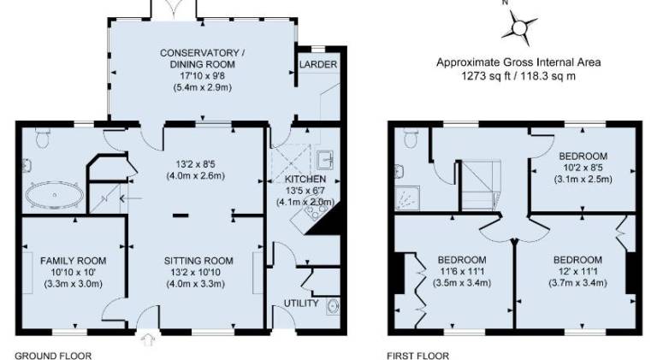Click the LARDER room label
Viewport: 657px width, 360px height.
click(318, 64)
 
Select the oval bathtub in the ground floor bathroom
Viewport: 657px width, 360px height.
click(54, 195)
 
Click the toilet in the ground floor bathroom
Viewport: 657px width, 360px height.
click(42, 138)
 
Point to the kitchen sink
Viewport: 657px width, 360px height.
click(326, 160)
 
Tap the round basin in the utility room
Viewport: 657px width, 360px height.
click(334, 306)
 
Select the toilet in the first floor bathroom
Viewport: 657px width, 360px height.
click(410, 138)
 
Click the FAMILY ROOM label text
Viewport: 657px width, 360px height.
click(74, 261)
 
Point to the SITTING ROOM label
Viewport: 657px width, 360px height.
click(198, 261)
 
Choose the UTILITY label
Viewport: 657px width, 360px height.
click(301, 303)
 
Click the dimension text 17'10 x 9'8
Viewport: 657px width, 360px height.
click(203, 76)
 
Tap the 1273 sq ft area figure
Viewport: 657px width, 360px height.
click(485, 76)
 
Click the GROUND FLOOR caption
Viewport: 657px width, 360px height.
click(53, 356)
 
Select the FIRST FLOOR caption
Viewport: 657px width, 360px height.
click(417, 356)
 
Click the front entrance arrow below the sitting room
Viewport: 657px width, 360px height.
click(147, 339)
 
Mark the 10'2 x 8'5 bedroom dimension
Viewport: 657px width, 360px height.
click(583, 168)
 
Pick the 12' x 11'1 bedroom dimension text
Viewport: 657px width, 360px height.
click(577, 271)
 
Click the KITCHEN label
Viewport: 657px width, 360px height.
click(305, 180)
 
